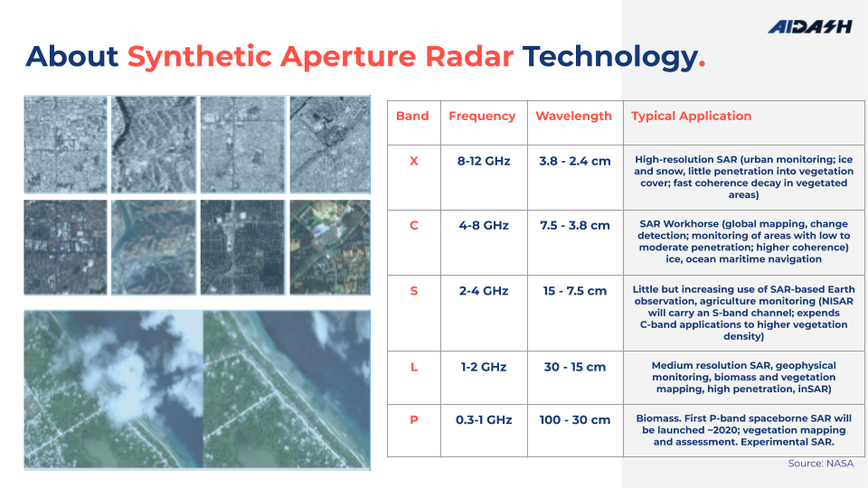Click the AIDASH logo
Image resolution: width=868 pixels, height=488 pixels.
point(809,27)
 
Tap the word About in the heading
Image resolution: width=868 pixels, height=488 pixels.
point(72,57)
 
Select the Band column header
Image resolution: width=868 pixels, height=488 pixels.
point(412,116)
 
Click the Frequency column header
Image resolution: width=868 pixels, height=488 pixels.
point(482,116)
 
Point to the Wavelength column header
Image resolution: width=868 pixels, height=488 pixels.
point(573,116)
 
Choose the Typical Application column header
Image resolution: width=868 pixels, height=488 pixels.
point(691,116)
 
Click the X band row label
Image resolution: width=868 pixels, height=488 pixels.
point(413,161)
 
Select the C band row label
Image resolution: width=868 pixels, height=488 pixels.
point(413,225)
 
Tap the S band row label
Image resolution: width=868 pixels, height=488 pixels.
point(413,291)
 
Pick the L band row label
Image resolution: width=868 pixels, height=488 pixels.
point(413,367)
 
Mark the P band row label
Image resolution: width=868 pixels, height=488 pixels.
point(413,419)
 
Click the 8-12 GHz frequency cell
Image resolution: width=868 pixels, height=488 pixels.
point(484,161)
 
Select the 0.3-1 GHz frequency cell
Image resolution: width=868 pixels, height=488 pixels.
point(484,419)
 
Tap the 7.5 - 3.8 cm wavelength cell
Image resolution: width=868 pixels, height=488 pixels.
point(574,225)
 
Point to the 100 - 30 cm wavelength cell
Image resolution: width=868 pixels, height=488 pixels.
point(574,419)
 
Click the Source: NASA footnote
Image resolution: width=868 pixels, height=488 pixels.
point(820,464)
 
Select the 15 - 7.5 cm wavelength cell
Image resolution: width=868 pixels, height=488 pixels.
point(574,291)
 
